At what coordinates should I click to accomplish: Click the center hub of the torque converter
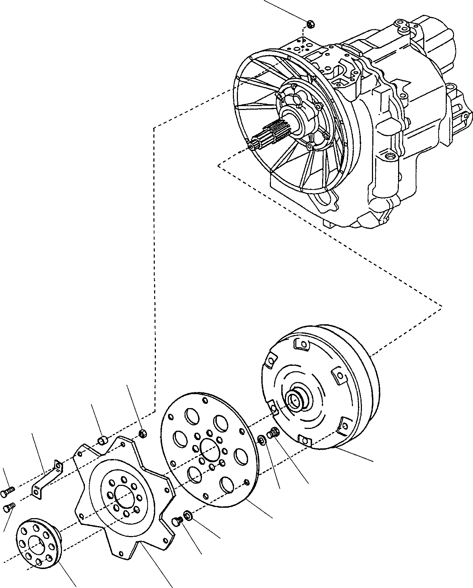pos(296,400)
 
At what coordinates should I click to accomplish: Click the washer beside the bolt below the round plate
pos(187,516)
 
